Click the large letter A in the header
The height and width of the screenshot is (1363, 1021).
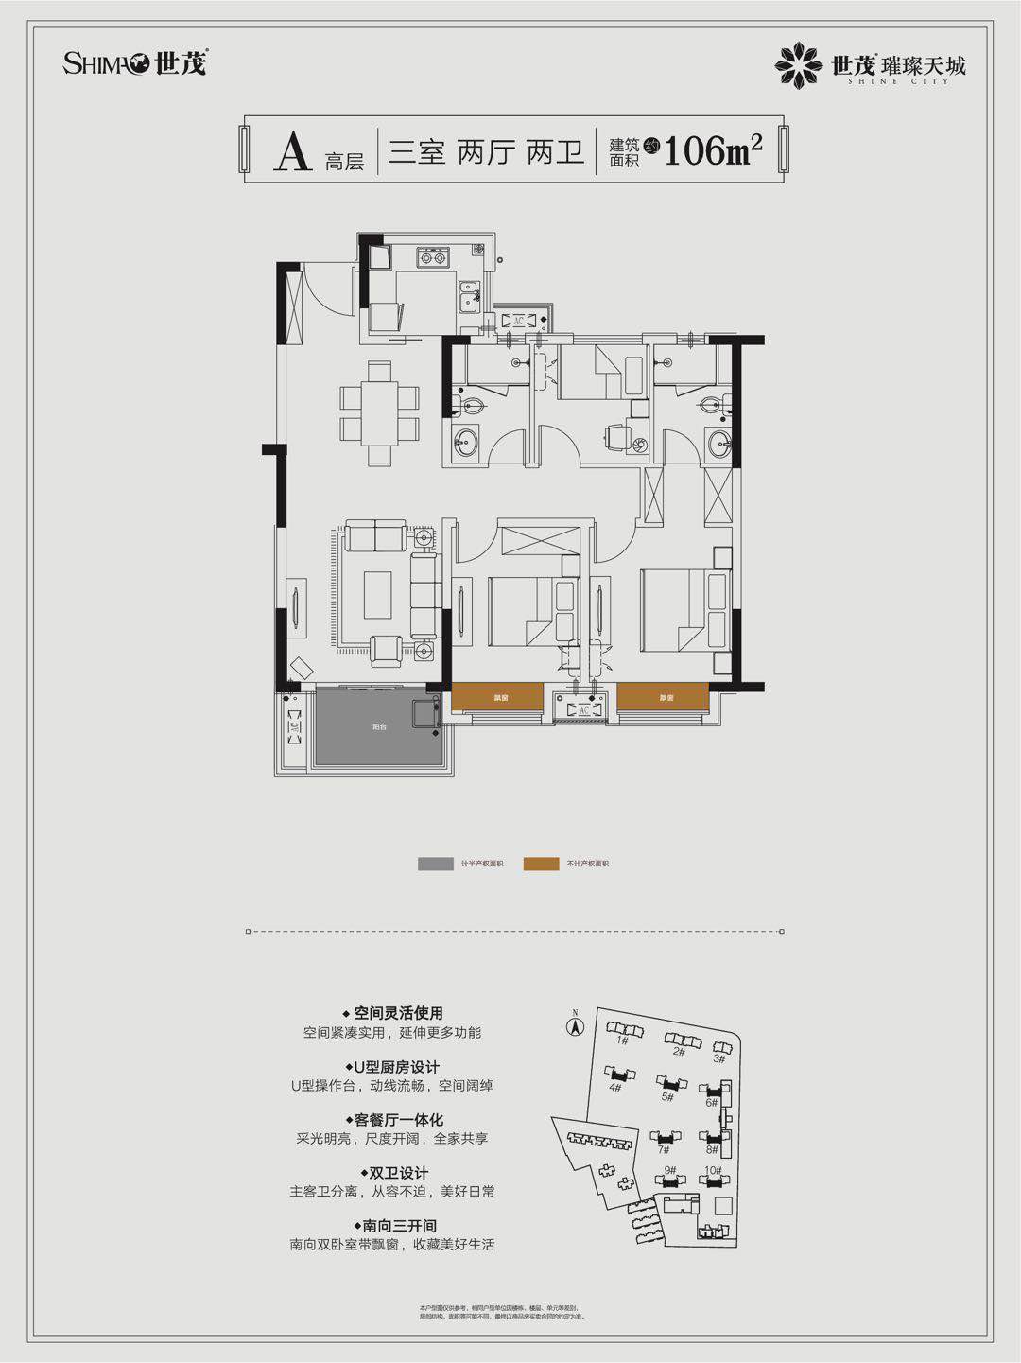click(x=292, y=151)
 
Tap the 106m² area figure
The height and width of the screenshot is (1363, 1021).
click(x=713, y=149)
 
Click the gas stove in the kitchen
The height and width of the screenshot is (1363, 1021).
click(x=434, y=255)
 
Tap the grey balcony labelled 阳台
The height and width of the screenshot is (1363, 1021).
click(x=379, y=726)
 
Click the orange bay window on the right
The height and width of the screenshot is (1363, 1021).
click(x=663, y=696)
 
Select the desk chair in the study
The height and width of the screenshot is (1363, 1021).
click(x=615, y=436)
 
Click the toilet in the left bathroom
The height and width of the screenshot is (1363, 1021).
click(x=470, y=407)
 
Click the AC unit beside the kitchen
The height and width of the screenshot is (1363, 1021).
click(x=518, y=320)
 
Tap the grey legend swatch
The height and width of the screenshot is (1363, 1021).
click(x=436, y=864)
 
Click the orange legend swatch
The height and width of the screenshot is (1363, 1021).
click(x=541, y=864)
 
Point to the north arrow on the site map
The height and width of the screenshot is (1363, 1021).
click(x=573, y=1023)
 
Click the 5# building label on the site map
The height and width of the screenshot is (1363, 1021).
click(x=667, y=1097)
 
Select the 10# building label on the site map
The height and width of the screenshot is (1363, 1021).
click(x=712, y=1171)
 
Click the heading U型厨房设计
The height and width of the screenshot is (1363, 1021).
click(x=391, y=1066)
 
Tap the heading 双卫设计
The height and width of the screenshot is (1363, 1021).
click(x=393, y=1172)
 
